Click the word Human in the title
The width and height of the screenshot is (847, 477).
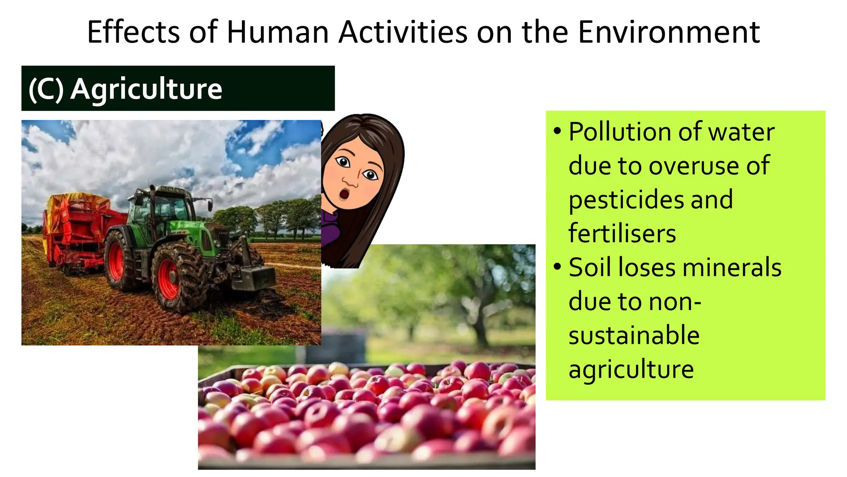click(277, 32)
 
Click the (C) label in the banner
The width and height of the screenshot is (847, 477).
click(46, 89)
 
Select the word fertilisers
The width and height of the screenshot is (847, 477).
click(622, 233)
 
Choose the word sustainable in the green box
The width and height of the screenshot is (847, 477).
click(634, 335)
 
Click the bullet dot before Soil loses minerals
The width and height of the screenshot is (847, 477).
click(557, 266)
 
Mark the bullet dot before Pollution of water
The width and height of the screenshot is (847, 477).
click(557, 131)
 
